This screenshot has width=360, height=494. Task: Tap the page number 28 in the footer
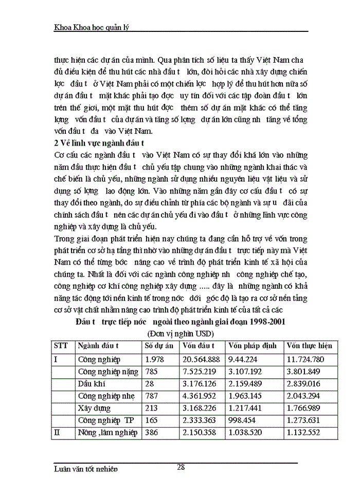click(x=181, y=467)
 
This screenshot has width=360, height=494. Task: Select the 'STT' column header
click(x=61, y=346)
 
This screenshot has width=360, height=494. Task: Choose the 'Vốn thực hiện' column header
click(x=310, y=346)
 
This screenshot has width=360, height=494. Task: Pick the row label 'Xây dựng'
click(x=95, y=408)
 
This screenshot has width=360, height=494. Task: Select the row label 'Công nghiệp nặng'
click(x=105, y=372)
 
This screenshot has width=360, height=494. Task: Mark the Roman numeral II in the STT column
click(x=58, y=433)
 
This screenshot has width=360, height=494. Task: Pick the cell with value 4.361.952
click(x=201, y=396)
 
